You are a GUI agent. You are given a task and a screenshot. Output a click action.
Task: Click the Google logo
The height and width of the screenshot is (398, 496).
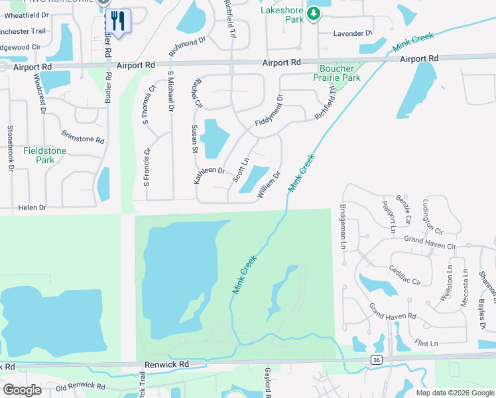(22, 389)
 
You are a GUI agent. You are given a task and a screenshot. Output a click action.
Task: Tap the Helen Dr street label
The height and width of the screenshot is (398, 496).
(32, 208)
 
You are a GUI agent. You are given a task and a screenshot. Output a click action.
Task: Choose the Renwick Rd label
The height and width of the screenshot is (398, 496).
(167, 364)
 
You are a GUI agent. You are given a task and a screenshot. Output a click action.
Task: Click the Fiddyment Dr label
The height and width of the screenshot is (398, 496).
(269, 111)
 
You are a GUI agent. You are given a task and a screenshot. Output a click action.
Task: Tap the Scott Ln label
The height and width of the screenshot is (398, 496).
(241, 170)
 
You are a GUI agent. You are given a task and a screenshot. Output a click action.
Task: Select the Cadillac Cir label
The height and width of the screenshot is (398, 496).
(405, 276)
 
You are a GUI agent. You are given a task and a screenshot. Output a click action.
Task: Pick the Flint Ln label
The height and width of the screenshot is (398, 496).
(426, 343)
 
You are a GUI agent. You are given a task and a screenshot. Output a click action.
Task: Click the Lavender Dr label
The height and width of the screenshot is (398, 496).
(353, 33)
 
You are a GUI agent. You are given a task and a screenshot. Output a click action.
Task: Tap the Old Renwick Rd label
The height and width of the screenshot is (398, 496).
(80, 386)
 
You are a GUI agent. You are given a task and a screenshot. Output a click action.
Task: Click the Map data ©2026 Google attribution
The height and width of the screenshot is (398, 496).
(455, 393)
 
